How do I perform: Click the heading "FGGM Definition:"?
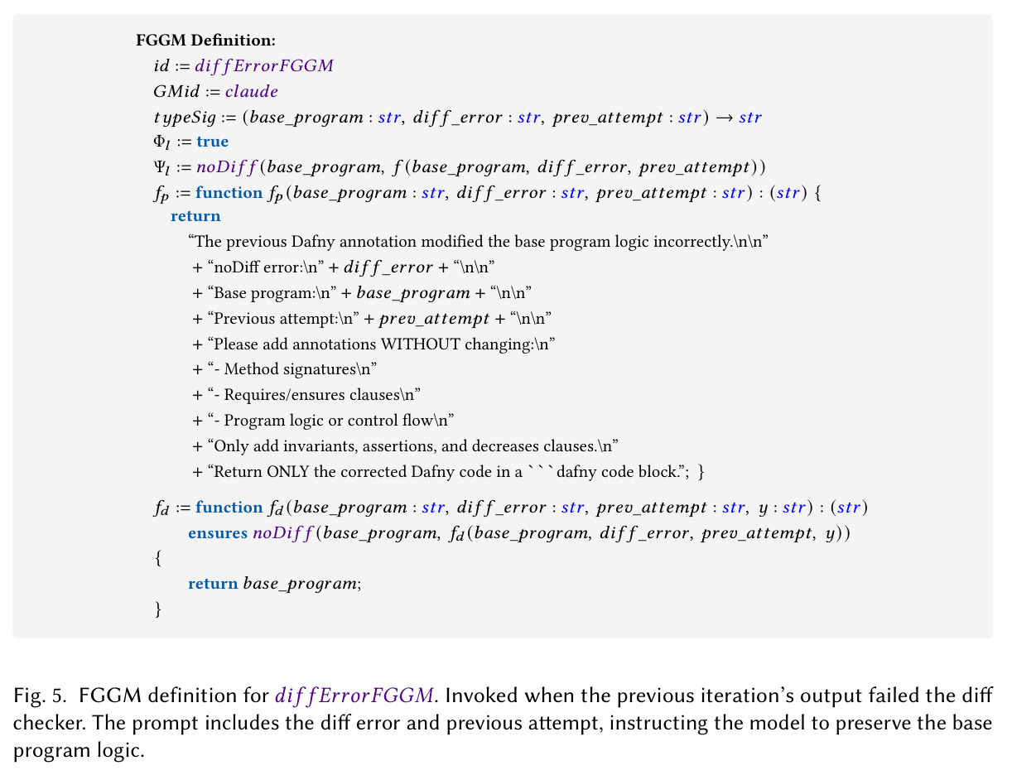coord(205,41)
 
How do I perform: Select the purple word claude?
coord(252,91)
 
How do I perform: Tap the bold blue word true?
coord(212,141)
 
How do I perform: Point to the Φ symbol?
coord(159,141)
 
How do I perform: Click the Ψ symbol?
coord(159,166)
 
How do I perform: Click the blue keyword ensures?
coord(218,532)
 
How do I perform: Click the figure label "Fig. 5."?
coord(40,696)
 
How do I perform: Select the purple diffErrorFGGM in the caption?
coord(354,696)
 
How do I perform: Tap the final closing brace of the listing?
coord(158,609)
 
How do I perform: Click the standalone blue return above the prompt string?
coord(195,216)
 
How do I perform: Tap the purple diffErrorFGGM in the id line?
coord(264,65)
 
